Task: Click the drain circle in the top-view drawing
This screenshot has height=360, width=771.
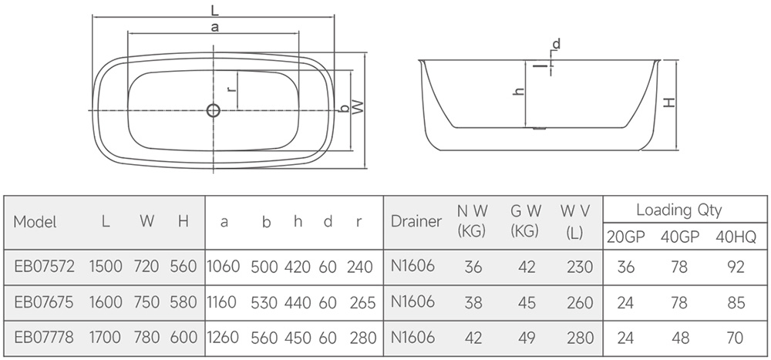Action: (214, 110)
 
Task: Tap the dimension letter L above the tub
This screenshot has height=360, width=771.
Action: (214, 9)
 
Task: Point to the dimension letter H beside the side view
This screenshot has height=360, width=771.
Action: (669, 103)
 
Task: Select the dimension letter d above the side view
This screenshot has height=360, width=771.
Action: (556, 44)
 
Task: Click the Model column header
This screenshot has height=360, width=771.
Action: (35, 222)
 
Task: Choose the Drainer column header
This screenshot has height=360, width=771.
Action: (416, 221)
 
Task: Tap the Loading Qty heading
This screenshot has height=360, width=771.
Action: (679, 210)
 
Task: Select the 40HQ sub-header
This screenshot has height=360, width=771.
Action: (736, 237)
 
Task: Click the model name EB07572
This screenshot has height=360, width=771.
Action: (44, 267)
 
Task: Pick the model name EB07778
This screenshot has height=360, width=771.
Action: (44, 338)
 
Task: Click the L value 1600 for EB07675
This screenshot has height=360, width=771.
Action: (106, 302)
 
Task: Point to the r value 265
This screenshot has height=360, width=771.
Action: (363, 302)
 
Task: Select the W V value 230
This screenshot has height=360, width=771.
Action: (581, 267)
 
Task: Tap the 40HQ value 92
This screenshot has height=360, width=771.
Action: (736, 267)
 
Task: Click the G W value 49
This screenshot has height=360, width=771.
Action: (527, 338)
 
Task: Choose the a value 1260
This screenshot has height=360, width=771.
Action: (224, 338)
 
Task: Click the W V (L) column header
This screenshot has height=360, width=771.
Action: (575, 221)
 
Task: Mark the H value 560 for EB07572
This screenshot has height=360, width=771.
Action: (183, 267)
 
